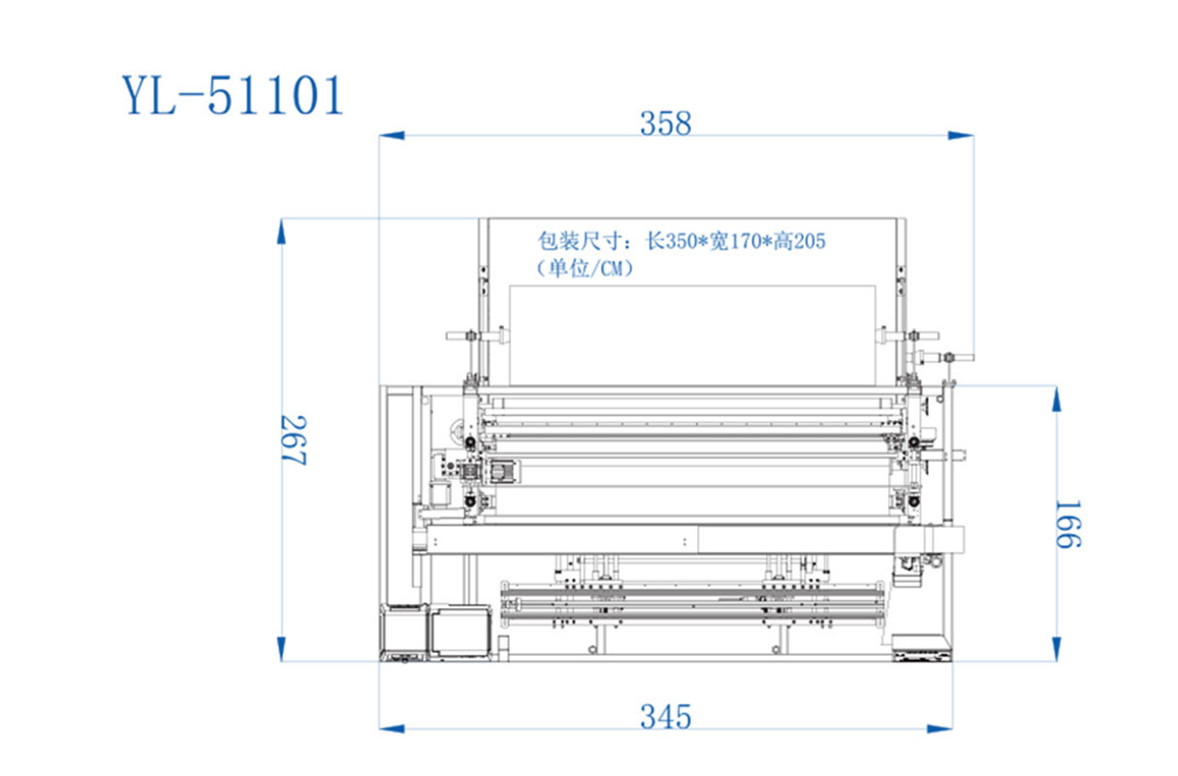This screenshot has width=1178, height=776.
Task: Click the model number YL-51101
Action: tap(233, 95)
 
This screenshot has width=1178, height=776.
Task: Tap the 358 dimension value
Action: tap(665, 123)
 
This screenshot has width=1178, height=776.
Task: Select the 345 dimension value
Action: tap(665, 717)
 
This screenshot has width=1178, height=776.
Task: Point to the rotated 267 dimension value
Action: tap(294, 440)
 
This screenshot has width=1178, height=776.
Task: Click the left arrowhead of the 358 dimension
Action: tap(392, 135)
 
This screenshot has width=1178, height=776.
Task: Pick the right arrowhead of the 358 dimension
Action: tap(960, 135)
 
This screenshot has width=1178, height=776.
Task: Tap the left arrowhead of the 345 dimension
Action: tap(392, 728)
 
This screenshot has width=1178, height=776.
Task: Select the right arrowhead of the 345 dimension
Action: tap(939, 728)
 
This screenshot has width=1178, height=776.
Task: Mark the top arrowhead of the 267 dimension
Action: tap(281, 232)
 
